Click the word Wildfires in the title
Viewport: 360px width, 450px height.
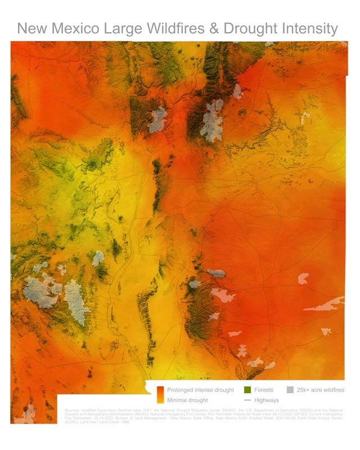point(167,29)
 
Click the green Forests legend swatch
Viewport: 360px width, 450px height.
point(247,390)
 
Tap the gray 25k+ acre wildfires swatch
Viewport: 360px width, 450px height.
point(290,390)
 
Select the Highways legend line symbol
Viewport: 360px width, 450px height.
point(247,400)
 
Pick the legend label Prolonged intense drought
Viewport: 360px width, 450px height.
point(200,390)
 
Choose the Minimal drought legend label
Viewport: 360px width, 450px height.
point(187,400)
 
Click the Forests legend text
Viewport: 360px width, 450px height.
point(264,390)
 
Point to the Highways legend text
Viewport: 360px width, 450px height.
point(267,400)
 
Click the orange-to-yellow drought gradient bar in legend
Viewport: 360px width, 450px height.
point(160,395)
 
